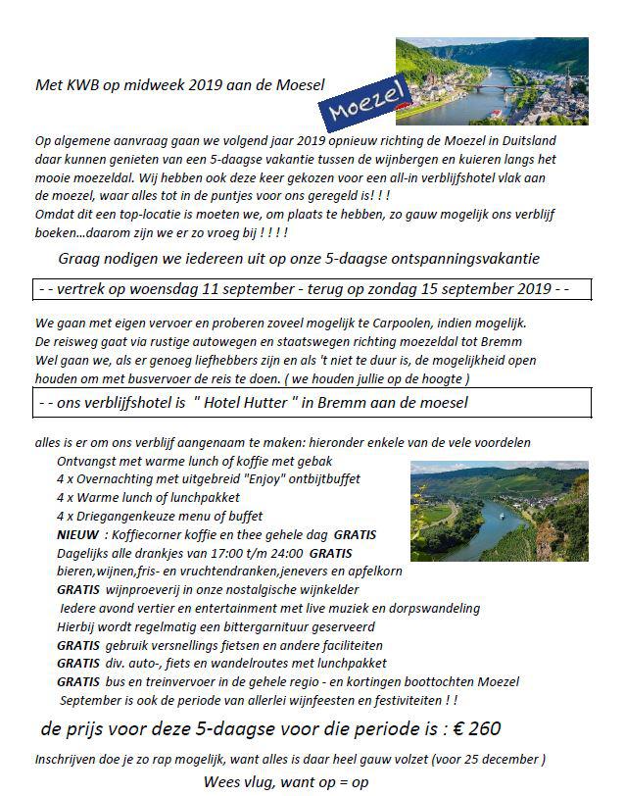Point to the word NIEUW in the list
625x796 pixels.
[76, 535]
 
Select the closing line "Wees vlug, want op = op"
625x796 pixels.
[286, 781]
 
